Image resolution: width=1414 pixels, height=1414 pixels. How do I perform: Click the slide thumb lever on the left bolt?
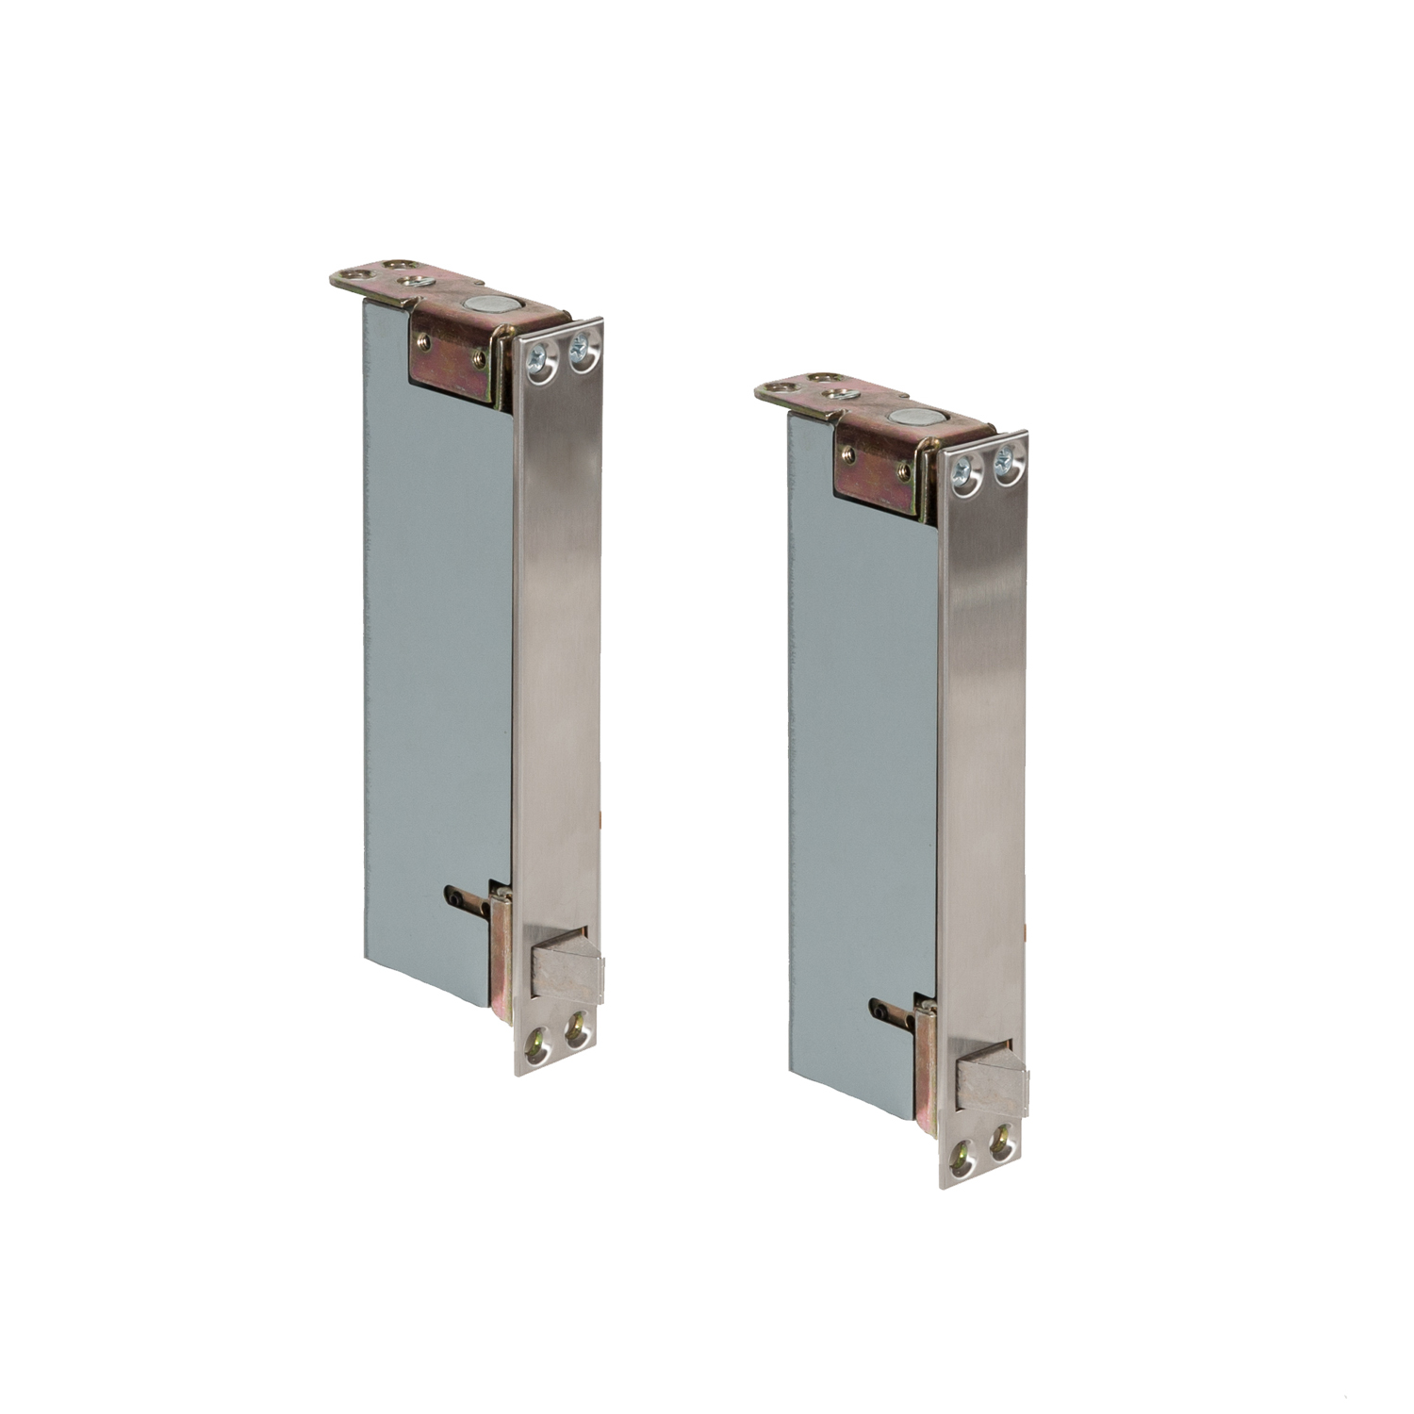point(566,972)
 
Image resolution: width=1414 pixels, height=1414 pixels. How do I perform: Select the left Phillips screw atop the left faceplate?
point(537,357)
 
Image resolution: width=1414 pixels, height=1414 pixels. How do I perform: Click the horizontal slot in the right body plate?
point(892,1007)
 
